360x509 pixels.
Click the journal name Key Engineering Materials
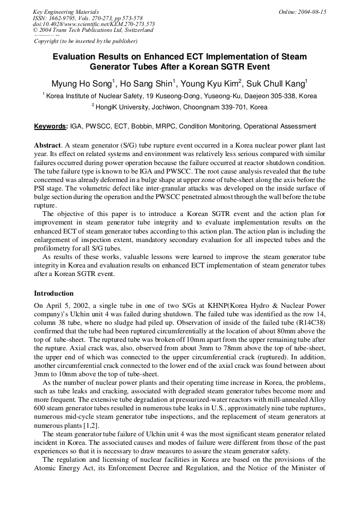tap(66, 12)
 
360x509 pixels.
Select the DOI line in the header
tap(94, 24)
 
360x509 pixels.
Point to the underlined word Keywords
tap(50, 126)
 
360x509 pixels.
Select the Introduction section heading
tap(54, 294)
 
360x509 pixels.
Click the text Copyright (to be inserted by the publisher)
tap(85, 41)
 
